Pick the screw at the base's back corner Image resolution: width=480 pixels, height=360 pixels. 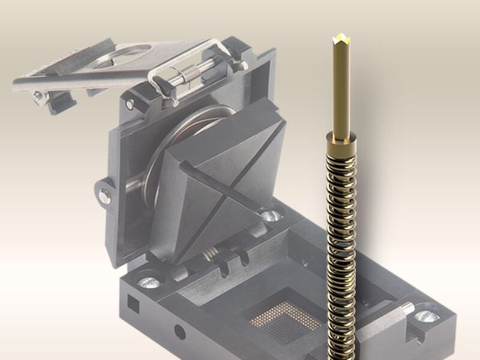tap(271, 214)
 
